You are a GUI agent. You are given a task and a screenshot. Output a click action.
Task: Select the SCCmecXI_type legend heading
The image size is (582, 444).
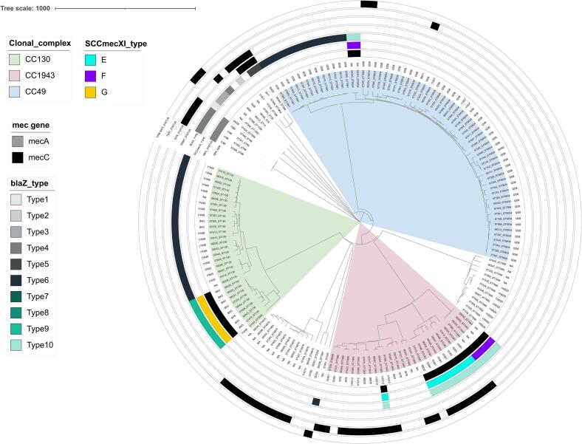click(114, 44)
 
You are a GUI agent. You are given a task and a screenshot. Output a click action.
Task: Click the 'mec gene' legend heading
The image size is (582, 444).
click(28, 124)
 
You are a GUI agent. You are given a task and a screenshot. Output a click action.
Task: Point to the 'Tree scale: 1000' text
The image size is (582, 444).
click(25, 7)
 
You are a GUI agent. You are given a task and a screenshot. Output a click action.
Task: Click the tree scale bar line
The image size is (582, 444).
click(125, 8)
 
